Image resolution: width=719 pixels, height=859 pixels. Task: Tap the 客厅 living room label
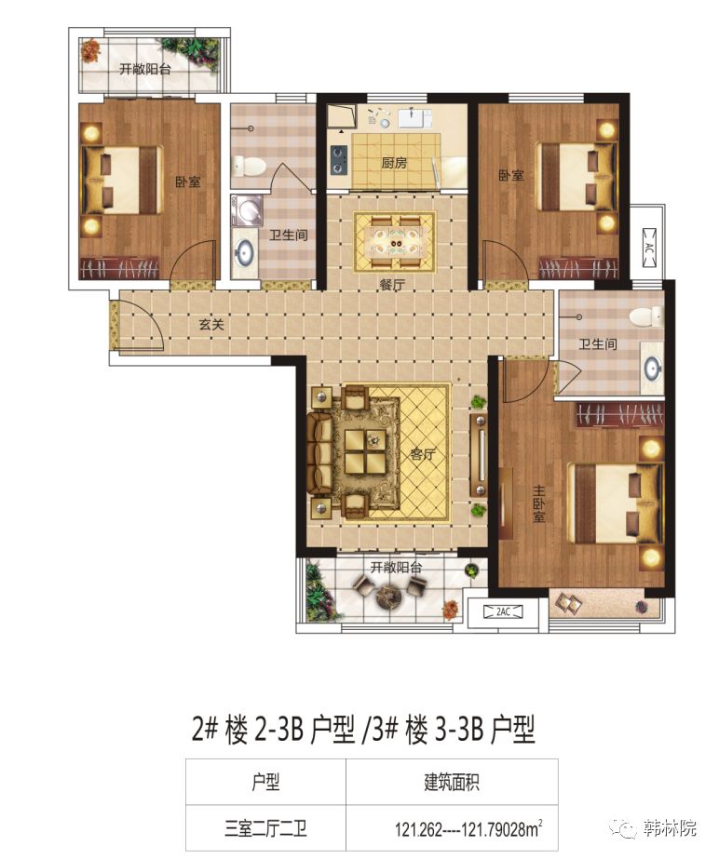pos(423,456)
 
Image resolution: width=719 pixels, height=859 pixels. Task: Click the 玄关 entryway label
pos(212,325)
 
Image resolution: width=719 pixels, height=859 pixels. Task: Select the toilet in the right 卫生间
pos(644,316)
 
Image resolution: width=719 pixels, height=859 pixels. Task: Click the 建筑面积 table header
pos(452,782)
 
